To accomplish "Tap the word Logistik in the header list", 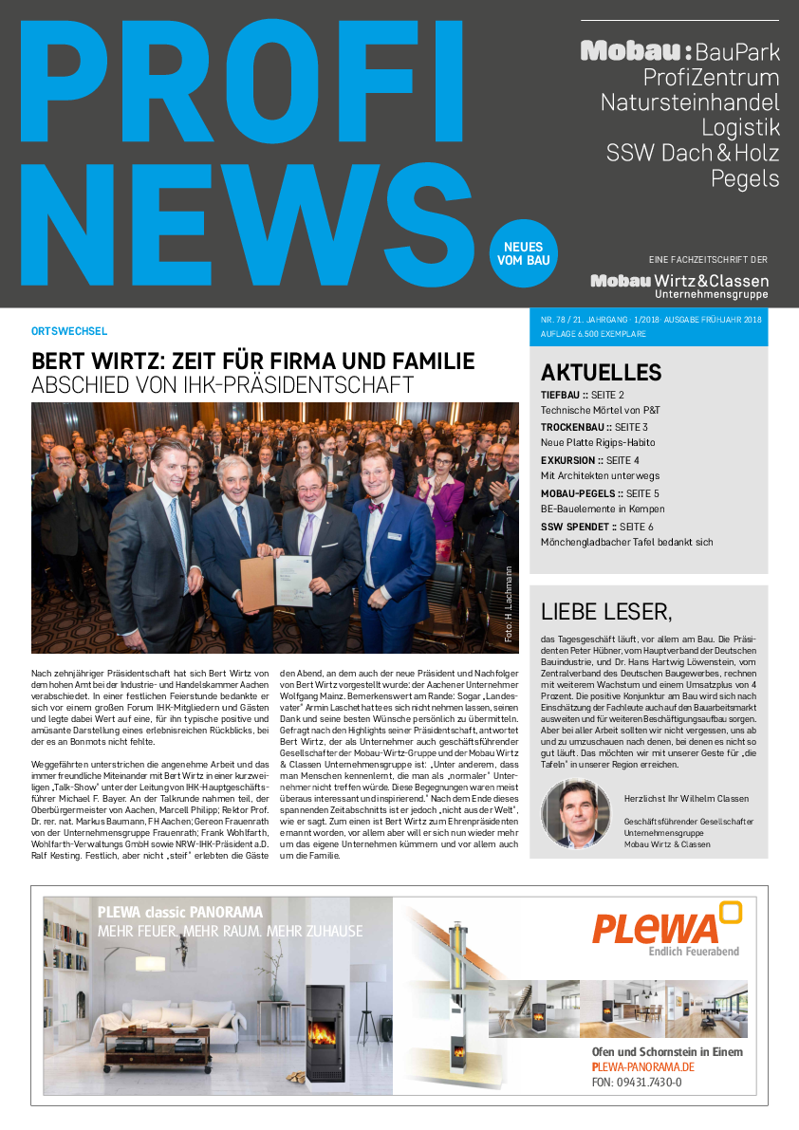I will click(740, 127).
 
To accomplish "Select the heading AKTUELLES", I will click(601, 373).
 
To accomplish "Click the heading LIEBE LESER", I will click(605, 610).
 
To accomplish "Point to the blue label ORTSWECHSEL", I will click(69, 331).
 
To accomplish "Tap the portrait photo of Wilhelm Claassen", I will click(575, 812).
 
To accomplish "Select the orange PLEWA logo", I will click(666, 925).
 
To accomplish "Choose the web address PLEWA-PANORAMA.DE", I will click(642, 1067).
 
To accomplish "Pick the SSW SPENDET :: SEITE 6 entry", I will click(597, 526).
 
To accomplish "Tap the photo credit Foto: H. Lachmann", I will click(509, 605).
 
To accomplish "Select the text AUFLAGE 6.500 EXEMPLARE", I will click(593, 335).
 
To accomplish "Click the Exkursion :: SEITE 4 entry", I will click(589, 460).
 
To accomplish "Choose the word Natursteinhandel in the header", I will click(690, 102).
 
